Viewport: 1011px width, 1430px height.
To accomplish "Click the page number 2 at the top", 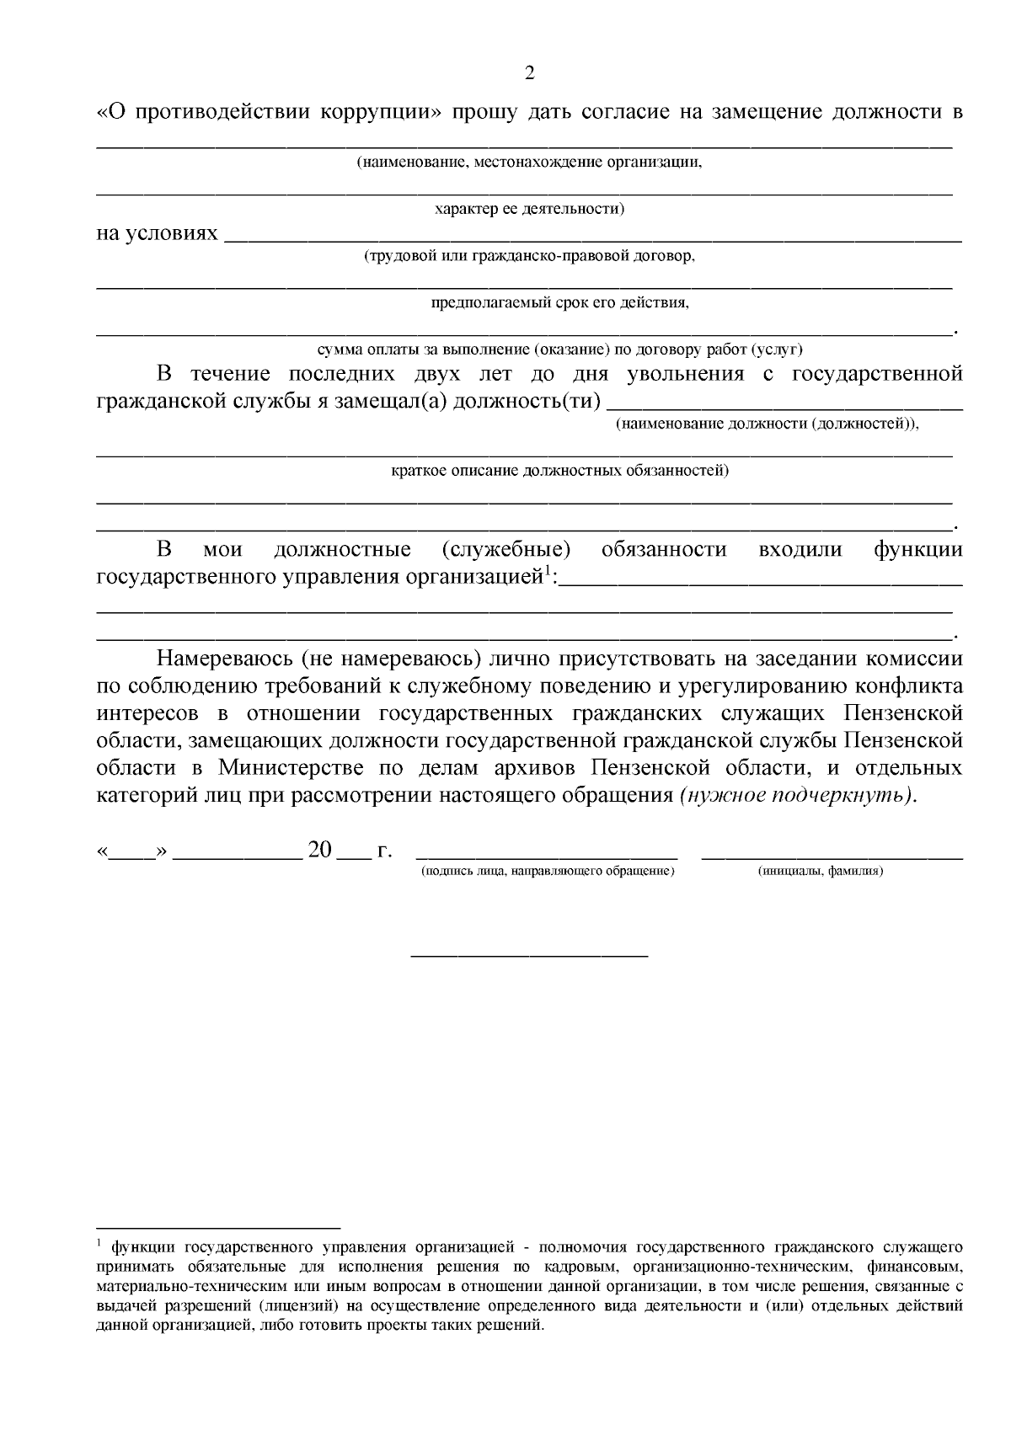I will point(529,73).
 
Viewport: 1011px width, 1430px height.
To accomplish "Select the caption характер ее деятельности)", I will point(528,208).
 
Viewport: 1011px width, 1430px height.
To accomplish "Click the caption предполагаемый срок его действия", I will point(559,302).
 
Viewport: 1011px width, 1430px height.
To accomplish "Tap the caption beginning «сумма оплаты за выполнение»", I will point(559,349).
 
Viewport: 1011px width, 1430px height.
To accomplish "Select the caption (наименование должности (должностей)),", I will point(767,424).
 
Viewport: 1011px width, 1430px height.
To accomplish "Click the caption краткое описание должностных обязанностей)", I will point(559,470).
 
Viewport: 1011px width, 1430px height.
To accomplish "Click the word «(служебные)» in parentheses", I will point(505,550).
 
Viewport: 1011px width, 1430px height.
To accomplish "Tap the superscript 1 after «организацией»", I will point(547,573).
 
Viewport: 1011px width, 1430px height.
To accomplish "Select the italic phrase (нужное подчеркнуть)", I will point(795,795).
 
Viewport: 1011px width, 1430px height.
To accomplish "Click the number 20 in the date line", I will point(320,850).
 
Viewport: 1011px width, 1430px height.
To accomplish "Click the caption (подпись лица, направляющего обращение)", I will point(548,871).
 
